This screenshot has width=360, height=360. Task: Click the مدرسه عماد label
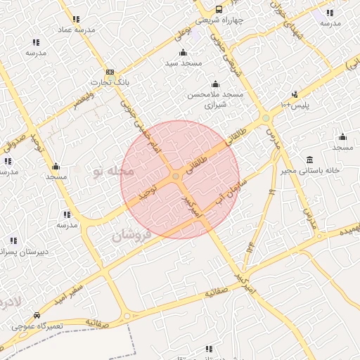75,30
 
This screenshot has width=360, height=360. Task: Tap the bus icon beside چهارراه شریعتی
219,10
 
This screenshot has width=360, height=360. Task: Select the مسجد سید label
184,63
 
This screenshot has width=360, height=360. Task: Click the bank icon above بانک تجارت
110,72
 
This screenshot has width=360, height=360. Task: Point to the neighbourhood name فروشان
131,234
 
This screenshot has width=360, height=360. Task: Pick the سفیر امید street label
84,281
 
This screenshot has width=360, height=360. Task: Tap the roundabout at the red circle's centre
174,176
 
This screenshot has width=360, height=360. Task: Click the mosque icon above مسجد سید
184,53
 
